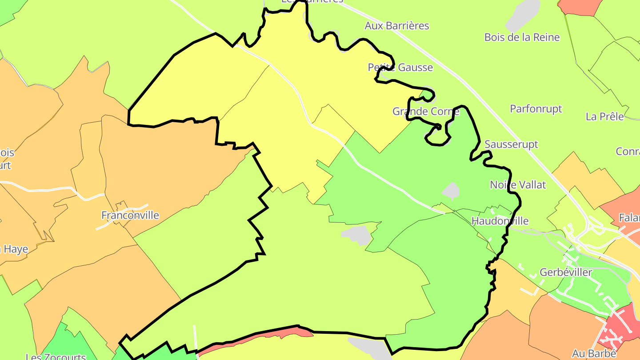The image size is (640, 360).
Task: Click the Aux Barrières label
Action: (x=397, y=26)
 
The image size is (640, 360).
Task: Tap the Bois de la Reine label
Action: (x=522, y=37)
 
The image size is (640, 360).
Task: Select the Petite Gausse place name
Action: (x=400, y=68)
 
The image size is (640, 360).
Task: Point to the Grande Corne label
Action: (x=425, y=111)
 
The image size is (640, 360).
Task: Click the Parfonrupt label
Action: (x=536, y=109)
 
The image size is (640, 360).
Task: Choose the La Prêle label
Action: (x=604, y=117)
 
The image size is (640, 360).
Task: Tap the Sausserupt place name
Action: (x=511, y=144)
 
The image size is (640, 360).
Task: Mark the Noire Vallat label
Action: (x=518, y=184)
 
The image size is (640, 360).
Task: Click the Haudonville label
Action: (x=500, y=221)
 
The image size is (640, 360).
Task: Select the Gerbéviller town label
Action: (x=566, y=272)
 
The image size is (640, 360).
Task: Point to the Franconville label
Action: (x=130, y=216)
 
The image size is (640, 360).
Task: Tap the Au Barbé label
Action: (x=594, y=354)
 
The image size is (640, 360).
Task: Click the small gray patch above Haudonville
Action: (x=451, y=191)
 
